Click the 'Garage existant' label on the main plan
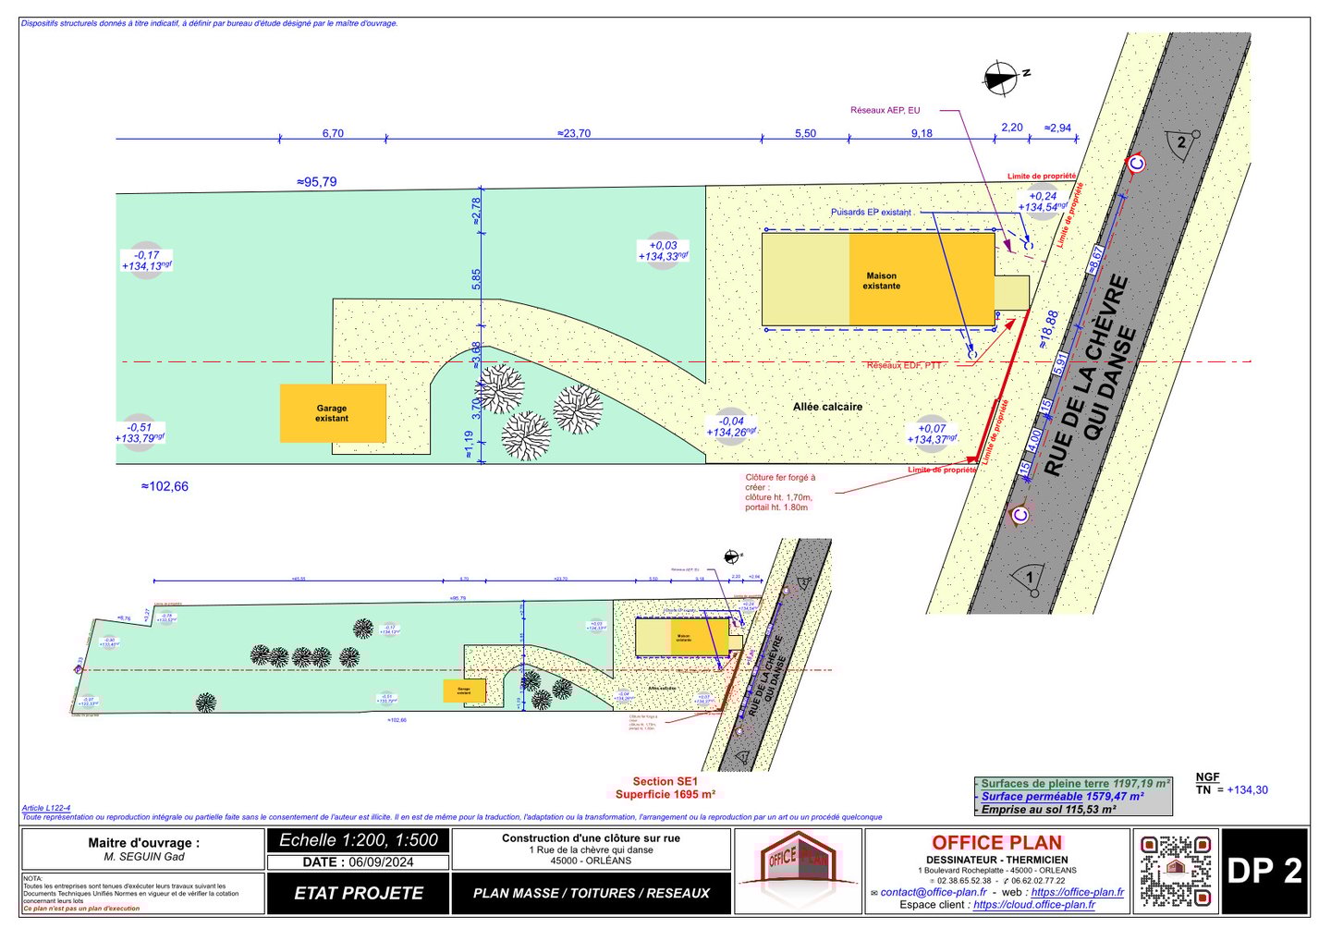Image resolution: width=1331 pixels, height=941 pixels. tap(332, 413)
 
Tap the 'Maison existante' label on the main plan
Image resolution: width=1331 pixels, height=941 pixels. tap(882, 281)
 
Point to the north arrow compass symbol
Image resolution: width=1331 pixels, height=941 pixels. tap(1000, 79)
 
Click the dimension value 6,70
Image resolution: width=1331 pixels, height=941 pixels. tap(333, 133)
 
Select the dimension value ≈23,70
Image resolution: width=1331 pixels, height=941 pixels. tap(574, 133)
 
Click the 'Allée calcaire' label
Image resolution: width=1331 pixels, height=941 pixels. tap(827, 407)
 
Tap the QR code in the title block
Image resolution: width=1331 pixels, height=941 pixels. tap(1175, 870)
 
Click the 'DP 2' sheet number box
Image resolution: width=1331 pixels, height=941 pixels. tap(1264, 871)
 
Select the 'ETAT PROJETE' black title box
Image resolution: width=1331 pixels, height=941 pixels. tap(359, 893)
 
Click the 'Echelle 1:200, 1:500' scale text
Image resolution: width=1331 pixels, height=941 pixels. tap(359, 840)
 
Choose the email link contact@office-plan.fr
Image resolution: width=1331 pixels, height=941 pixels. tap(934, 892)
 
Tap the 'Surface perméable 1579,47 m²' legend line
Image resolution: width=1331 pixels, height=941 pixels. tap(1062, 796)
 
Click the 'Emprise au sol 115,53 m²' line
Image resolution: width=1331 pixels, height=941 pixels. tap(1048, 809)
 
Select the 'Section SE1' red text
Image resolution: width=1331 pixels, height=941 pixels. tap(665, 781)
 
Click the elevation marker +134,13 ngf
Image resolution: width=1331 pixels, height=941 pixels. tap(146, 266)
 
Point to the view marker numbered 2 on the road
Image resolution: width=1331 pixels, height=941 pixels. tap(1181, 142)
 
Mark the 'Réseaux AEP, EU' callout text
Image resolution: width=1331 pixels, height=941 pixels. tap(885, 110)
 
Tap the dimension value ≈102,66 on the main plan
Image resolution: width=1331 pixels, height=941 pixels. tap(165, 486)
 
